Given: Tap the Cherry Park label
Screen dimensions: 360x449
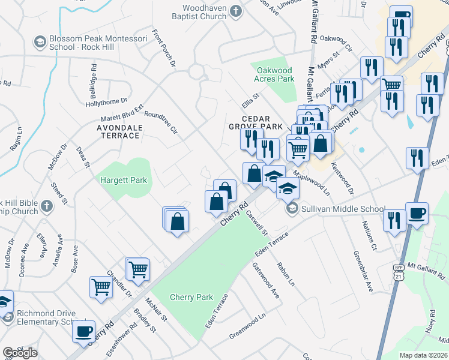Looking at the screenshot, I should (x=191, y=297).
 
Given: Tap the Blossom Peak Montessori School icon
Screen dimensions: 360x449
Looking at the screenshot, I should (x=40, y=42).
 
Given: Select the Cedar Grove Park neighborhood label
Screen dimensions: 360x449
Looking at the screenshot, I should (x=256, y=123).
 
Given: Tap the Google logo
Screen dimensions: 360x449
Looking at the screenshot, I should (x=20, y=353).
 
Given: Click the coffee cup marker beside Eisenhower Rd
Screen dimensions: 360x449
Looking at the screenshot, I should (x=83, y=331).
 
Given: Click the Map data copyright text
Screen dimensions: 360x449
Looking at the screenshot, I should (x=423, y=355).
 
